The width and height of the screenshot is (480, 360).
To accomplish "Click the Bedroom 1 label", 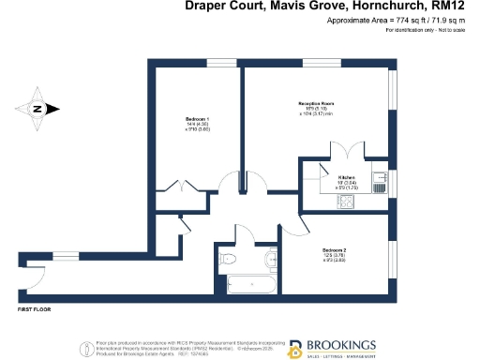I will pos(195,121).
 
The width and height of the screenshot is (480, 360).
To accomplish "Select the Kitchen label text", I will pos(347,175).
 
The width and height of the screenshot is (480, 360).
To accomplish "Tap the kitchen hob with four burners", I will pos(345,200).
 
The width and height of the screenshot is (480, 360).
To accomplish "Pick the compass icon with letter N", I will pos(36,109).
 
